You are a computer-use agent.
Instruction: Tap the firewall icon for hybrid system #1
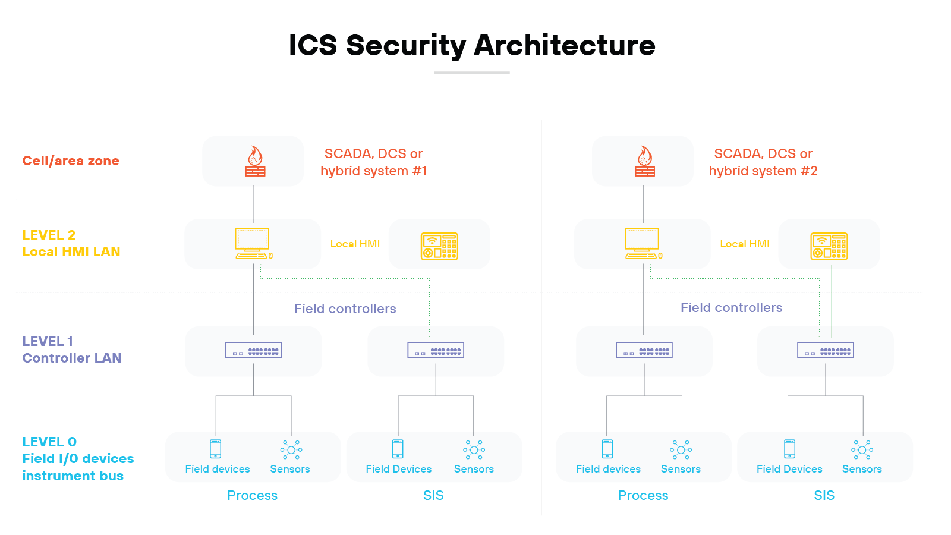(255, 162)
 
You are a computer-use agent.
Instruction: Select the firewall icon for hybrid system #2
(644, 162)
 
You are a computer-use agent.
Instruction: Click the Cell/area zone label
(71, 160)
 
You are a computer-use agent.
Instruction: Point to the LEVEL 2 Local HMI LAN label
(71, 244)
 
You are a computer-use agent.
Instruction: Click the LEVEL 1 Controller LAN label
(71, 350)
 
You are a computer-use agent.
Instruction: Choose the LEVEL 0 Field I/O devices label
(77, 458)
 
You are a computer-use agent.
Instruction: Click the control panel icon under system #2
(829, 246)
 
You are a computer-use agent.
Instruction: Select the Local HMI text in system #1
(355, 244)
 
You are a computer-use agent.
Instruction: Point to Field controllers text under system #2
(731, 307)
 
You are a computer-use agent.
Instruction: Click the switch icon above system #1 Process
(253, 351)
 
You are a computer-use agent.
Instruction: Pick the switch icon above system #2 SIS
(825, 351)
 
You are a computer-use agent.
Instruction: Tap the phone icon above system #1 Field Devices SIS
(398, 449)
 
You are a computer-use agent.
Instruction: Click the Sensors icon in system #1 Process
(291, 449)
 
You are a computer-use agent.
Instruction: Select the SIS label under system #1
(433, 495)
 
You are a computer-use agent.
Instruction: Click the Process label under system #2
(643, 495)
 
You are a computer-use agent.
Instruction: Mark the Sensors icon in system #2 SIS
(862, 449)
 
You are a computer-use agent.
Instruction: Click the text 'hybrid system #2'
(763, 171)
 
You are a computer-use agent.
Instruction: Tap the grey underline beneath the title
(471, 73)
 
